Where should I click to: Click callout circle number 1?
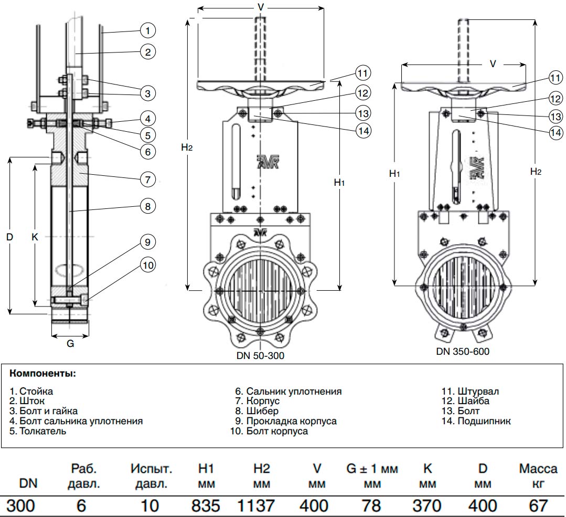(x=148, y=31)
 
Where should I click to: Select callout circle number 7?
(x=148, y=179)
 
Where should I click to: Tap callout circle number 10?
(x=148, y=266)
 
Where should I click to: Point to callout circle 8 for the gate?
(x=148, y=207)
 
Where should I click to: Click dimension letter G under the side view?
(x=70, y=344)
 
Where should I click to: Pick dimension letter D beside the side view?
(x=9, y=237)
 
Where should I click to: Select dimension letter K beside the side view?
(x=35, y=237)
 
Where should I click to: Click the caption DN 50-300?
(x=260, y=355)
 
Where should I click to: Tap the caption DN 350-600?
(x=463, y=351)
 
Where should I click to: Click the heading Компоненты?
(x=42, y=374)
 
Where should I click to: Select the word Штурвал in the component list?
(x=478, y=392)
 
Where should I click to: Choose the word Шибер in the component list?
(x=262, y=411)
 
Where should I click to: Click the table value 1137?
(x=255, y=506)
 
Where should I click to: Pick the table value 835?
(x=206, y=506)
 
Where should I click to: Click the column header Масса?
(x=535, y=469)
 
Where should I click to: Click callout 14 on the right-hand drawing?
(x=556, y=133)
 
